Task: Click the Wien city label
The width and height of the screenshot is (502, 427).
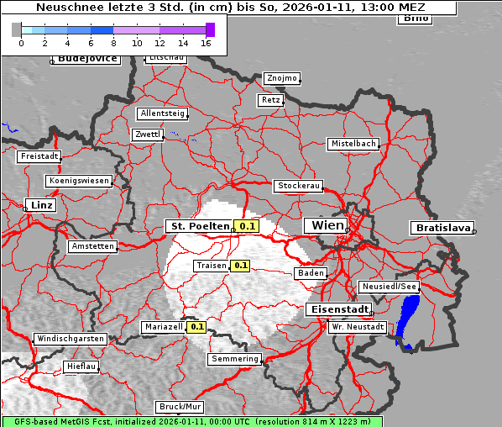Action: [x=327, y=225]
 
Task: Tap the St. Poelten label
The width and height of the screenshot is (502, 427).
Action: [x=200, y=226]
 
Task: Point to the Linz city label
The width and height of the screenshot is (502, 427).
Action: [x=39, y=205]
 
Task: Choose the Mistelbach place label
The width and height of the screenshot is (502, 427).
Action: [x=353, y=144]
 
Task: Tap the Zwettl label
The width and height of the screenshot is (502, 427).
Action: [x=147, y=134]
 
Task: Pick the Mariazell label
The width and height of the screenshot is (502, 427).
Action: [x=163, y=326]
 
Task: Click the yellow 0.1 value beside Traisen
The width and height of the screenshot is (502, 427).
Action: [x=241, y=266]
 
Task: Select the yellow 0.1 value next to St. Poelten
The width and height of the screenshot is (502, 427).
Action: [x=247, y=226]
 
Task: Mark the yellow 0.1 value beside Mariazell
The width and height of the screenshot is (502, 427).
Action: [x=197, y=326]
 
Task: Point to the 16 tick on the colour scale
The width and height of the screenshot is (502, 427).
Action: [x=207, y=42]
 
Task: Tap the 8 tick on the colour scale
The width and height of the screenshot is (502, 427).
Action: [x=113, y=42]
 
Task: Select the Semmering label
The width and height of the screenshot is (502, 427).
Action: [x=235, y=359]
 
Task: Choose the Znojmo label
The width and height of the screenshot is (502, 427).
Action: [x=281, y=78]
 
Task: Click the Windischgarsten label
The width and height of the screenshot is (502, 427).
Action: [x=71, y=339]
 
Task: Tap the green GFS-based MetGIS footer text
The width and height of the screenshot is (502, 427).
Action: [x=191, y=421]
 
